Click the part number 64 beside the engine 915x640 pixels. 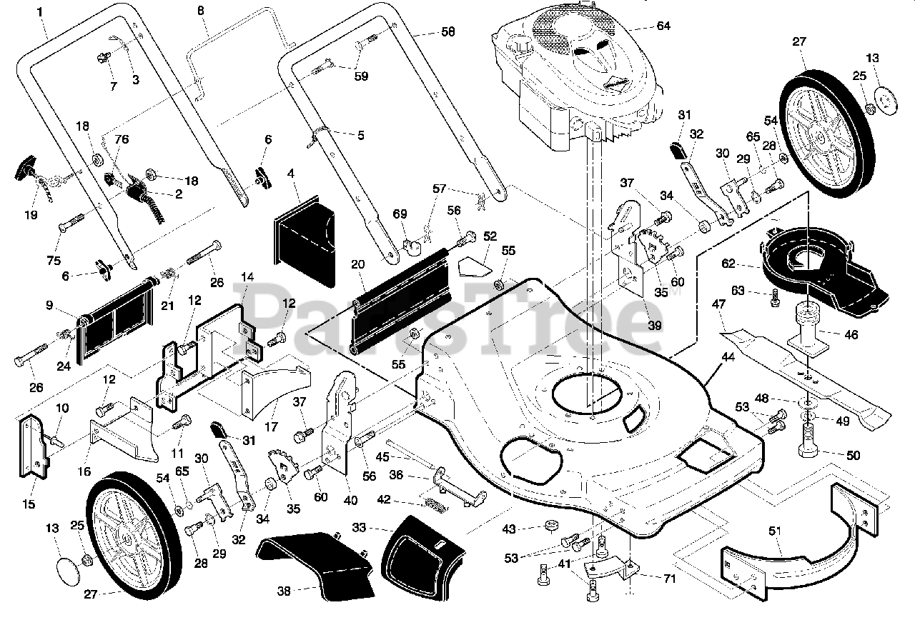(x=663, y=26)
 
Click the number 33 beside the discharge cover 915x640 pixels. (x=359, y=529)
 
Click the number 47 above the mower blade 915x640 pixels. (x=718, y=305)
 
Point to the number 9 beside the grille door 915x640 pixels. (x=49, y=306)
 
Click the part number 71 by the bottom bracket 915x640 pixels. (x=669, y=579)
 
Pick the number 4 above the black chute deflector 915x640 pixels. (x=291, y=173)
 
